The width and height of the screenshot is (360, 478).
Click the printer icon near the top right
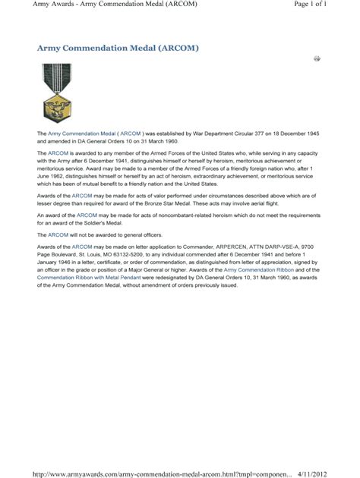click(317, 58)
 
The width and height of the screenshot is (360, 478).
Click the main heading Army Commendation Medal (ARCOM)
click(118, 48)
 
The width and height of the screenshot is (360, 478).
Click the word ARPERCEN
click(220, 247)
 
